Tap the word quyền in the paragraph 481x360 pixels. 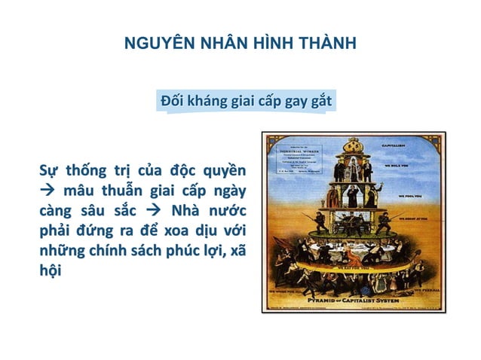[x=224, y=167]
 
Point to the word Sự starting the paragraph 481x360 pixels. [x=51, y=167]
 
